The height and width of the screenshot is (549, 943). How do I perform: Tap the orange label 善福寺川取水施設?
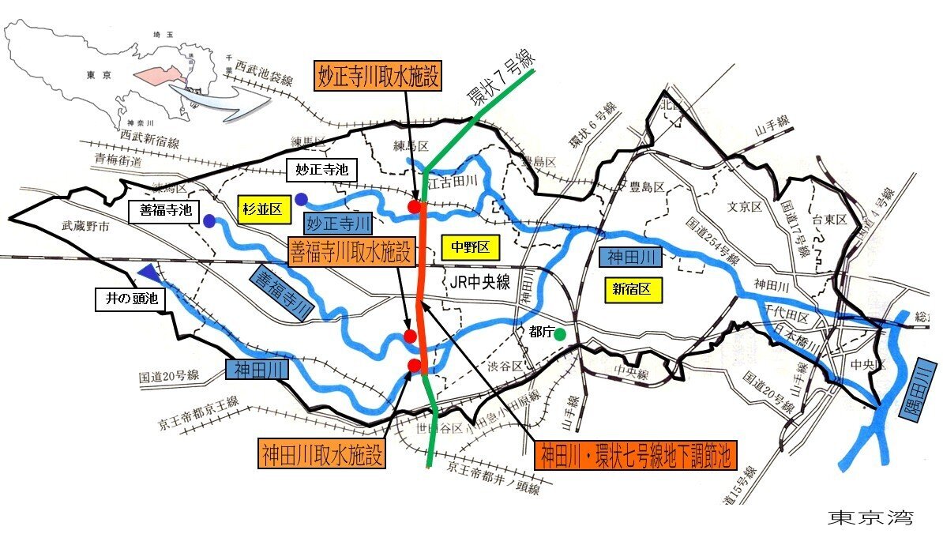pos(351,253)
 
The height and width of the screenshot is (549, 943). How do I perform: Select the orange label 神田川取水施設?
pos(322,454)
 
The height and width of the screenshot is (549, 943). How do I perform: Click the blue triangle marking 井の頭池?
pos(148,273)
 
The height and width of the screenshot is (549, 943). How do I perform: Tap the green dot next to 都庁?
pos(560,334)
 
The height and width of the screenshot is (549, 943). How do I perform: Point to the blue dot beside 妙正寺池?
pos(302,197)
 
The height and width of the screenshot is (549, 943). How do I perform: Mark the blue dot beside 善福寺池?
pos(209,221)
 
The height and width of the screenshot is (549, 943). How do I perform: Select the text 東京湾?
pos(870,517)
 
